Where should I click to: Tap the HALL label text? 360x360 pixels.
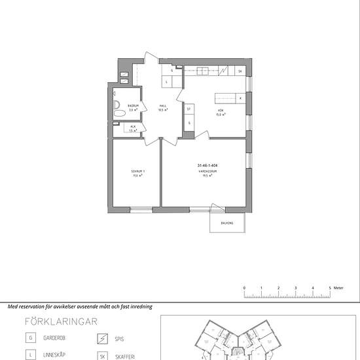click(x=163, y=107)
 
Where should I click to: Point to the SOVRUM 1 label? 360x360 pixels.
click(x=137, y=172)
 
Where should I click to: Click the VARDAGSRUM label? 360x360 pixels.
click(x=209, y=172)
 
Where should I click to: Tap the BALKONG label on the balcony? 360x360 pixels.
click(x=226, y=223)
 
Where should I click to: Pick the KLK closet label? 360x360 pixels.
click(x=133, y=127)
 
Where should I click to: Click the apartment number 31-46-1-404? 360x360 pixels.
click(x=207, y=166)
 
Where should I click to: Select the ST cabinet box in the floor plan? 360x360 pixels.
click(x=189, y=109)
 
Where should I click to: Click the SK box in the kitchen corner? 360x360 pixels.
click(x=240, y=71)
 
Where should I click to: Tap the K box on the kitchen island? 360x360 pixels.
click(x=240, y=98)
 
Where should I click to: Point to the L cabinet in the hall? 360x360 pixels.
click(x=166, y=82)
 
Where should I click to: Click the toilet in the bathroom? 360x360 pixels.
click(x=118, y=113)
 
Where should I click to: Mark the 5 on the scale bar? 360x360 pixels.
click(x=330, y=287)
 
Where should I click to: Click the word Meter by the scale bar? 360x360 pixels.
click(x=338, y=287)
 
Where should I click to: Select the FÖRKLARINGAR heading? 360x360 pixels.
click(x=61, y=321)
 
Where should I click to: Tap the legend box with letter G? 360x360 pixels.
click(x=30, y=338)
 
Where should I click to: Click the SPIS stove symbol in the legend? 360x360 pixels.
click(x=101, y=338)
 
